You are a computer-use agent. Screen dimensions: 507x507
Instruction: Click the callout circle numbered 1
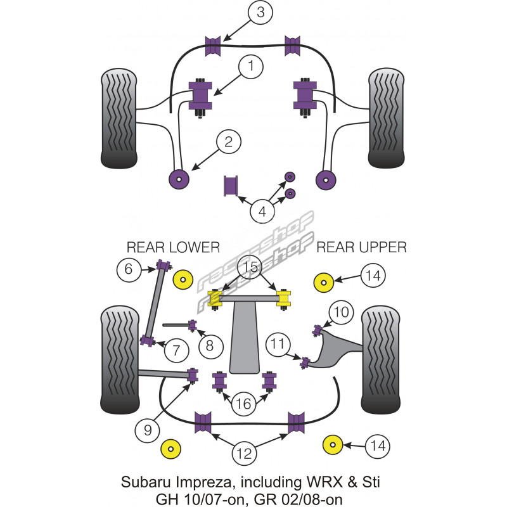point(251,66)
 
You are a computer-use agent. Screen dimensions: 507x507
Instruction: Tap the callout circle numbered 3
point(259,13)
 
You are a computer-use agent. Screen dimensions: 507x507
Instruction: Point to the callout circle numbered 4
point(262,210)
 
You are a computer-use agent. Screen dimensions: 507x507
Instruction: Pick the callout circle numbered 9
point(148,431)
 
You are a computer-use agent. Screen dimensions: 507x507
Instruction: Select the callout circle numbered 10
point(340,312)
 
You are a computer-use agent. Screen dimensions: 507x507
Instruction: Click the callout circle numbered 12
point(245,453)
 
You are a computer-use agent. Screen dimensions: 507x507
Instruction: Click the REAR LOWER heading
point(173,247)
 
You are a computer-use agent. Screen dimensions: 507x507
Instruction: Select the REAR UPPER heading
point(361,247)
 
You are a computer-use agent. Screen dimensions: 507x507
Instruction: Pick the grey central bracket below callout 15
point(244,342)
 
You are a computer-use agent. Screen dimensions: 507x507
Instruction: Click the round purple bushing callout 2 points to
point(180,179)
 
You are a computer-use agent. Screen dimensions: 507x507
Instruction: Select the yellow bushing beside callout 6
point(184,279)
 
